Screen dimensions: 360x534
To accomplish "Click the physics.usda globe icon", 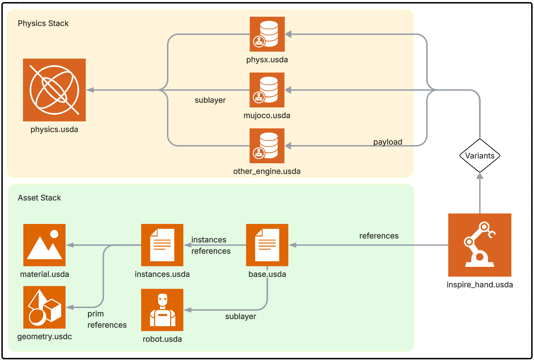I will pos(54,90).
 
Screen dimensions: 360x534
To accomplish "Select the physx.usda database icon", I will pos(267,34).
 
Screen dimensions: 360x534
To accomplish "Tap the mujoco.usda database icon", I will pos(267,90).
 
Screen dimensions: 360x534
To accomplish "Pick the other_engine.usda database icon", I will pos(267,146).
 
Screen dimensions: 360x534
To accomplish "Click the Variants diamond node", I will pos(480,156).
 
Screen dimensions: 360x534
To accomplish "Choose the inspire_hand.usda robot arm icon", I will pos(480,245).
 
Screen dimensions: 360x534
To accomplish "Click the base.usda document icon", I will pos(267,245).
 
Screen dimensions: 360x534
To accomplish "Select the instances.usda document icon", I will pos(162,245).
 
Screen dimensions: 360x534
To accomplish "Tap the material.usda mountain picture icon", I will pos(44,245).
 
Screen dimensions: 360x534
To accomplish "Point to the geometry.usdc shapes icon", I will pos(44,307).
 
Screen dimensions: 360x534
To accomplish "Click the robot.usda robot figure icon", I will pos(162,310).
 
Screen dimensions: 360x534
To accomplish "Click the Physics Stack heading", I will pos(43,23).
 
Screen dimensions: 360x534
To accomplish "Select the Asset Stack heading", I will pos(39,198).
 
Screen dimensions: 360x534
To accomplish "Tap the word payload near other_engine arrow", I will pos(388,142).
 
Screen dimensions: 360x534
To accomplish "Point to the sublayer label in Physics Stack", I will pos(210,100).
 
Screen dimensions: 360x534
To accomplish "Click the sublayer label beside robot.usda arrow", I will pos(241,316).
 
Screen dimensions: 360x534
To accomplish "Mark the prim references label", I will pos(107,319).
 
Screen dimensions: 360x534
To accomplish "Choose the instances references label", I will pos(211,245).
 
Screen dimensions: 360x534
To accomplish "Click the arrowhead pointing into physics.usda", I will pos(90,90).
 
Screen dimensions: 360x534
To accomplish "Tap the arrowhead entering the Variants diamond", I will pos(480,176).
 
